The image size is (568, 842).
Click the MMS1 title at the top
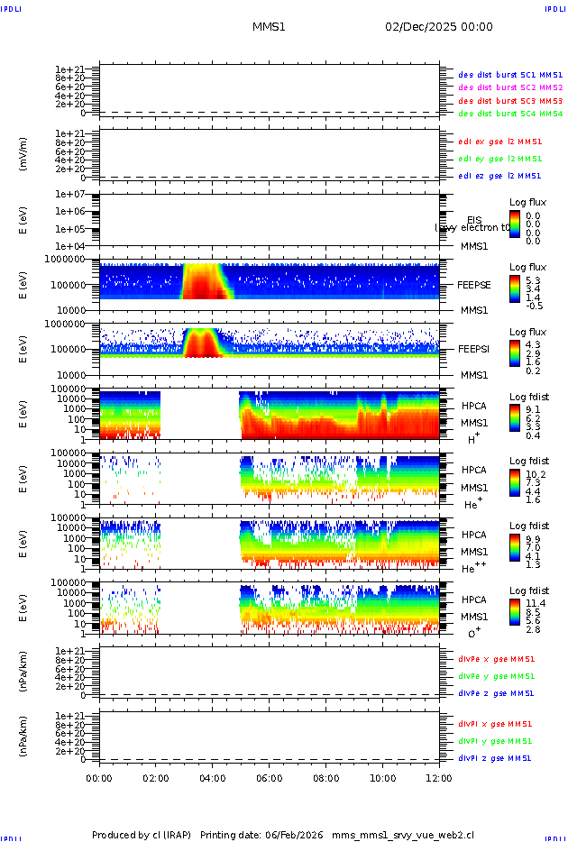tap(269, 27)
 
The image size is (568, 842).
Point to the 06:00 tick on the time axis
tap(269, 776)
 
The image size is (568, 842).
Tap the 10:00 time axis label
tap(382, 776)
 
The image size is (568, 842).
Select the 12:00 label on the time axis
tap(439, 776)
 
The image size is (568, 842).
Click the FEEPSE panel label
tap(473, 284)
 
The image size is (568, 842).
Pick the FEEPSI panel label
tap(473, 349)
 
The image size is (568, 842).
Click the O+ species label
tap(473, 633)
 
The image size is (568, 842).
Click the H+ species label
tap(472, 438)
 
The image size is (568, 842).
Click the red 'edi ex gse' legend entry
tap(500, 142)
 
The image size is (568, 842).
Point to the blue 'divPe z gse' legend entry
tap(496, 694)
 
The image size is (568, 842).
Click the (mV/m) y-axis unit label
tap(24, 153)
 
